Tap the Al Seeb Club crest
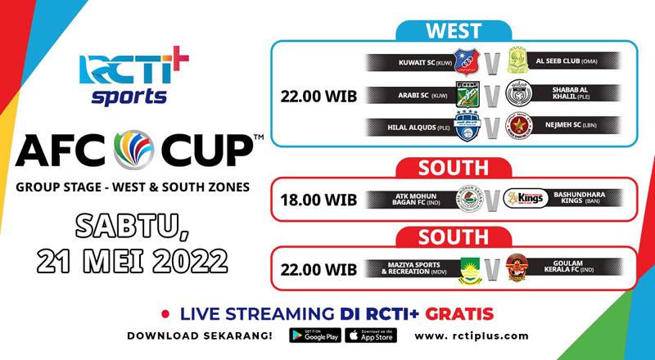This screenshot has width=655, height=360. tap(517, 61)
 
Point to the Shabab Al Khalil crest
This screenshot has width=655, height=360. tap(517, 95)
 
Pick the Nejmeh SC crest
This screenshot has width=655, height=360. tap(517, 128)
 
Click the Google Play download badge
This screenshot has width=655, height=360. tap(314, 335)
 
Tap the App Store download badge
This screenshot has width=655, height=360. tap(370, 335)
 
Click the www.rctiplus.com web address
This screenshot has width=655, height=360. tap(472, 336)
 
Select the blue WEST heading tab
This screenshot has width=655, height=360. tap(454, 31)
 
